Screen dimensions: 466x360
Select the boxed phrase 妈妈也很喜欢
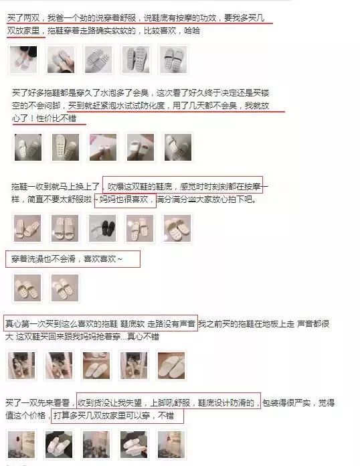coord(124,200)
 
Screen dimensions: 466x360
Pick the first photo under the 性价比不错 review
coord(27,147)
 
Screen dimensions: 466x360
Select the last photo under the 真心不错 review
coord(171,366)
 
